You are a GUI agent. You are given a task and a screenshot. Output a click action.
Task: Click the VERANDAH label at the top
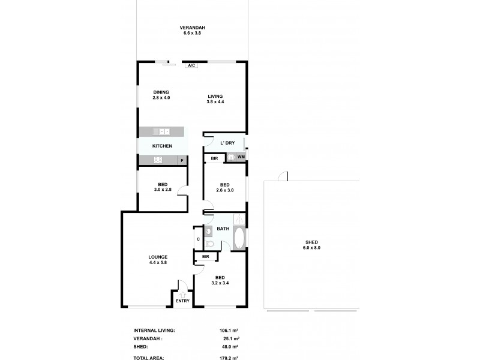coord(193,30)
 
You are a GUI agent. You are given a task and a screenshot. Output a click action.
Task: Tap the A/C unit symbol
coord(191,65)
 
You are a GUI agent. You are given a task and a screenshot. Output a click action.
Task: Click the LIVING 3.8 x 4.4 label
coord(215,99)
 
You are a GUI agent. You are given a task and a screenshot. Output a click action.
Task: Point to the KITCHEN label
coord(162,146)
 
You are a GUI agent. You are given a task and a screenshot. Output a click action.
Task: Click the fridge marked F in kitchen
coord(182,160)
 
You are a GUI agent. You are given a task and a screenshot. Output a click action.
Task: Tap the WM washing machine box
coord(241,157)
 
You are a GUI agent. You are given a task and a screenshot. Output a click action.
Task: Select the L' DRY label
coord(227,143)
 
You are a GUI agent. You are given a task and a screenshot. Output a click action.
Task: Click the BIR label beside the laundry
coord(214,158)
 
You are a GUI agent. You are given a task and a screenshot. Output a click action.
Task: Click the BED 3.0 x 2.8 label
coord(162,187)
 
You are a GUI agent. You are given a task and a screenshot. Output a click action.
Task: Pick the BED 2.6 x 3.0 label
coord(224,187)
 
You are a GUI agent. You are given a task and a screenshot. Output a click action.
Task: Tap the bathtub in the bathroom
coord(239,239)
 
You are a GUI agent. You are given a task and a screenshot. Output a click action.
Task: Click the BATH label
coord(223,229)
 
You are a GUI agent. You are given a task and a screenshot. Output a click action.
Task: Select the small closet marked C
coord(198,239)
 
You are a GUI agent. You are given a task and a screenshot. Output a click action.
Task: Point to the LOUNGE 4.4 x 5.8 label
coord(158,260)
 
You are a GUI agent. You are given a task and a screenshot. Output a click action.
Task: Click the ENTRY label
coord(182,301)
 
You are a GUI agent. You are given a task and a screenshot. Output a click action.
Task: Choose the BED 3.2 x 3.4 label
coord(220,280)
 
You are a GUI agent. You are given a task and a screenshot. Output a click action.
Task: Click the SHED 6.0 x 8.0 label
coord(311,245)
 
